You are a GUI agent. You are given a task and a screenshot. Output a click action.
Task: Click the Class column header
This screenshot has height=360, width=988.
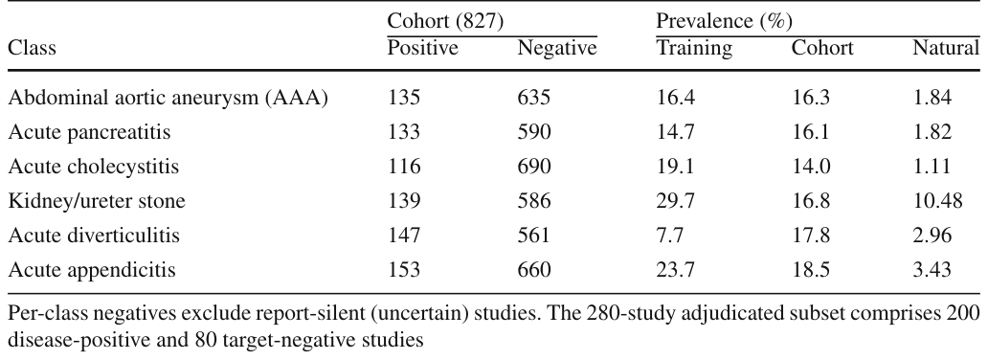point(32,48)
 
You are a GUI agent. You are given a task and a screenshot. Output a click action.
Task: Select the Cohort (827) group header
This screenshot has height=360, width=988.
point(445,21)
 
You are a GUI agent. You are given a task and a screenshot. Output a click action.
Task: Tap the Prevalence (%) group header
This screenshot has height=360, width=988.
point(724,21)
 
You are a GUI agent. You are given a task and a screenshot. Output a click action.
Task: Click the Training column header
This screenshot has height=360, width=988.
point(694,49)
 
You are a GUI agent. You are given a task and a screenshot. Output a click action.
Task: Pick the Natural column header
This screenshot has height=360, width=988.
point(946,48)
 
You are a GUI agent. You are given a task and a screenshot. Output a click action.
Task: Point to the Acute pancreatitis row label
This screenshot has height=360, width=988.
point(89,132)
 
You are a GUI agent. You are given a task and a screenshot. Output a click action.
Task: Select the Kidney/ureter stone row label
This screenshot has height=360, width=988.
point(97,201)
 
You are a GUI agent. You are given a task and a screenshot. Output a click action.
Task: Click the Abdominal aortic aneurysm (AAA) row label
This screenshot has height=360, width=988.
point(168,98)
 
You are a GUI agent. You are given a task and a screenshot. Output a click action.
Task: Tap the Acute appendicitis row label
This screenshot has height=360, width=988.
point(91,270)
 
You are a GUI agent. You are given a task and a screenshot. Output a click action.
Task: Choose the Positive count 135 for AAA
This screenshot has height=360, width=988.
point(403,98)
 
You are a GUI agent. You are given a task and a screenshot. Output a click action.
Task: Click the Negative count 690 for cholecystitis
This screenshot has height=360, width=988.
point(533,167)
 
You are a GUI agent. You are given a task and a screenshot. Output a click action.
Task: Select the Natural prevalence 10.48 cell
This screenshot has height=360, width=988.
point(937,201)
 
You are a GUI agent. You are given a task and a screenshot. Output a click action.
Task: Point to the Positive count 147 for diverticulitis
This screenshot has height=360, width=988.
point(403,236)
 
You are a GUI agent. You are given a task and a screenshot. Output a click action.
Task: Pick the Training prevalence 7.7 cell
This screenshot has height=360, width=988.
point(670,236)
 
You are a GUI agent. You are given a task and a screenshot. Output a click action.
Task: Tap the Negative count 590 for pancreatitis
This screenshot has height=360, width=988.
point(533,132)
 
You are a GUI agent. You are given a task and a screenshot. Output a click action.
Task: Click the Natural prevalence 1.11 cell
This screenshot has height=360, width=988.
point(932,167)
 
